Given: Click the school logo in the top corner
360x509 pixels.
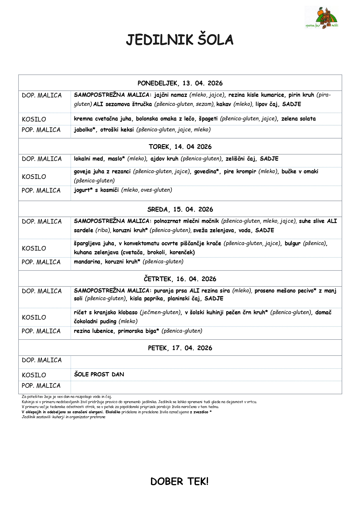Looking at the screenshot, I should pyautogui.click(x=322, y=18).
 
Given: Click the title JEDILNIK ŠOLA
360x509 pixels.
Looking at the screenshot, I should pyautogui.click(x=180, y=40).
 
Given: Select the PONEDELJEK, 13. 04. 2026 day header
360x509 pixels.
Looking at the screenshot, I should pyautogui.click(x=180, y=83).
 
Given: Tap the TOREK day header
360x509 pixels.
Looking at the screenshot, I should pyautogui.click(x=180, y=147).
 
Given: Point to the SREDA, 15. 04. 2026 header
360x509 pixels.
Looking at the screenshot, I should pyautogui.click(x=180, y=209).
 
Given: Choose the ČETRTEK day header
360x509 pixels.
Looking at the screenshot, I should pyautogui.click(x=180, y=279).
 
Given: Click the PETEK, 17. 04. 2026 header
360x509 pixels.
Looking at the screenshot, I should pyautogui.click(x=180, y=348).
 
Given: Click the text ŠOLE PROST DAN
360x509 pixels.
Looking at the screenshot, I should pyautogui.click(x=99, y=374).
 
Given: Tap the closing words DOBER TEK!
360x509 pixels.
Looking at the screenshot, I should pyautogui.click(x=179, y=481).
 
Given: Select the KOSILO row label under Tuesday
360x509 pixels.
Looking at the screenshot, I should pyautogui.click(x=34, y=177).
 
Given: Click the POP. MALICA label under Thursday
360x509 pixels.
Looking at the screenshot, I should pyautogui.click(x=41, y=331).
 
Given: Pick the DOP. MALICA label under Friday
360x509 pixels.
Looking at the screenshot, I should pyautogui.click(x=42, y=360).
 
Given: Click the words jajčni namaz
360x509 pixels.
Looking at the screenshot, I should pyautogui.click(x=171, y=95).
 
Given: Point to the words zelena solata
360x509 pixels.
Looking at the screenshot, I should pyautogui.click(x=299, y=119).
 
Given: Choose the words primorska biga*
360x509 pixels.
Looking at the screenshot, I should pyautogui.click(x=138, y=331).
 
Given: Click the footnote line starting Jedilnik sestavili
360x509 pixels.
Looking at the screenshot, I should pyautogui.click(x=64, y=417).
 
